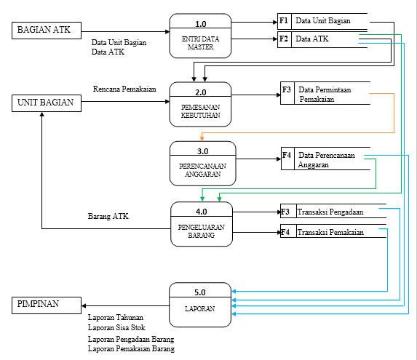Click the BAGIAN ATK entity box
coord(43,30)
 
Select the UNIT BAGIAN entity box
coord(44,103)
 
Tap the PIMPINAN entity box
coord(44,304)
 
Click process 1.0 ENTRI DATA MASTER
coord(200,36)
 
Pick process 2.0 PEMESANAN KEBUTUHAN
coord(200,103)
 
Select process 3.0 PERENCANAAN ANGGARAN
coord(203,162)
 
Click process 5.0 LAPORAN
coord(200,304)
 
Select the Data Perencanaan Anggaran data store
coord(325,159)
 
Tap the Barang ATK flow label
coord(108,216)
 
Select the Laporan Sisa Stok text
coord(116,327)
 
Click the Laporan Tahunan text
coord(116,317)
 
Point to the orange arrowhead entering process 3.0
coord(202,138)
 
